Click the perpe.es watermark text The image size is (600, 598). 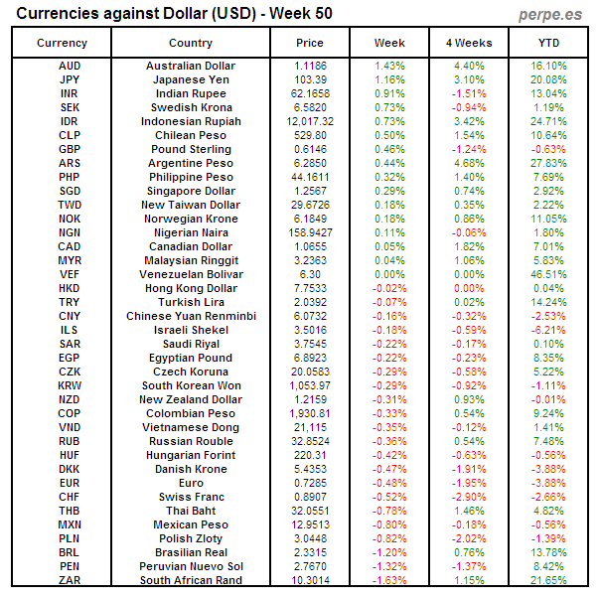pyautogui.click(x=550, y=14)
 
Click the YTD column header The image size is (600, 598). pyautogui.click(x=548, y=43)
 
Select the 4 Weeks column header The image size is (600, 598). pyautogui.click(x=469, y=43)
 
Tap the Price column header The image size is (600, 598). pyautogui.click(x=310, y=43)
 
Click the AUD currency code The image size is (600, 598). pyautogui.click(x=70, y=66)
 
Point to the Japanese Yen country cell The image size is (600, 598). pyautogui.click(x=191, y=79)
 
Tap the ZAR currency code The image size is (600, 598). pyautogui.click(x=70, y=580)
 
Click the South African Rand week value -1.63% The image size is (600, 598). pyautogui.click(x=389, y=580)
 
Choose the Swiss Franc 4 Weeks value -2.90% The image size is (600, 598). pyautogui.click(x=469, y=497)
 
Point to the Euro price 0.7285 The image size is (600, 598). pyautogui.click(x=310, y=483)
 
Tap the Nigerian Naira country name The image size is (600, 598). pyautogui.click(x=191, y=232)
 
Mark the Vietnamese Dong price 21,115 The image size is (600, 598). pyautogui.click(x=310, y=427)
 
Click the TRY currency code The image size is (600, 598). pyautogui.click(x=70, y=302)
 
